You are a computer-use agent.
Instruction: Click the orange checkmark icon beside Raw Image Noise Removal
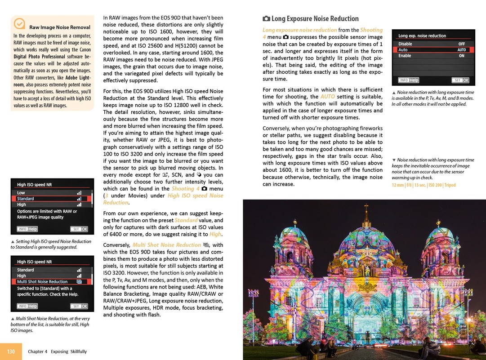(x=19, y=23)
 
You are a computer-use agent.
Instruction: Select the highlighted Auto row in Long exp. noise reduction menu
(x=433, y=50)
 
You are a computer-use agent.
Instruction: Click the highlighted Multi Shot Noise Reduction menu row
(x=52, y=282)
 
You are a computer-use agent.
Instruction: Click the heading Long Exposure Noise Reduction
(x=315, y=18)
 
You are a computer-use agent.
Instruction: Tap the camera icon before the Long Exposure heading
(x=266, y=19)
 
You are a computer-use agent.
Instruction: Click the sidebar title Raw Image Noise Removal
(x=59, y=27)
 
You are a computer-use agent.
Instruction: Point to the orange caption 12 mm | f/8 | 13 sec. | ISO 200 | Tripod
(x=424, y=185)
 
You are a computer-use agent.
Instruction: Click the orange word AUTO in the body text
(x=327, y=96)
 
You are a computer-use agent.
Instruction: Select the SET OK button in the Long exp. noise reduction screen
(x=460, y=80)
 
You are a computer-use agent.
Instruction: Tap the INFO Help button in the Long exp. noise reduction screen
(x=408, y=80)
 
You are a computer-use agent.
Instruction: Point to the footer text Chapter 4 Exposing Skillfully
(x=57, y=351)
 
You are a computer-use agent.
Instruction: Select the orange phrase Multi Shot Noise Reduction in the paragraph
(x=166, y=245)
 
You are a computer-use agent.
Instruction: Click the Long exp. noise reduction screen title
(x=422, y=36)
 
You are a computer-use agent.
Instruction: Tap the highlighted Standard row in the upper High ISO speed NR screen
(x=52, y=198)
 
